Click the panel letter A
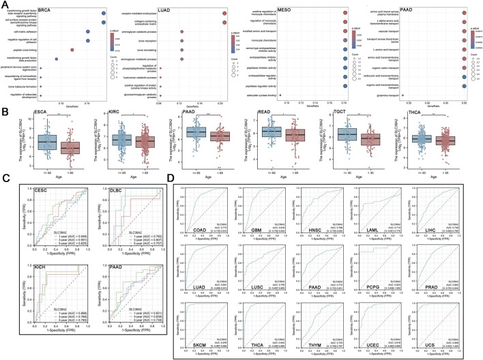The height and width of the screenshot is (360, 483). [x=5, y=5]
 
